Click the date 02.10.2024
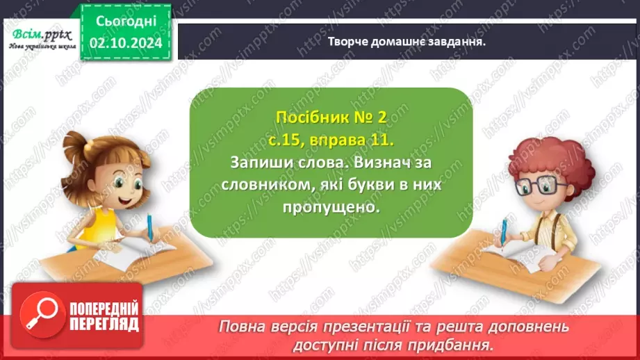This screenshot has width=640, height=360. point(125,42)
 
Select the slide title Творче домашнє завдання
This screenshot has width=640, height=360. point(406,40)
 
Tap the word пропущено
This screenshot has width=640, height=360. point(330,207)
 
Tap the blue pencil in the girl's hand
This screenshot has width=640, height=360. point(149,225)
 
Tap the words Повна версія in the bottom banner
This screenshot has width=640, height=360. point(259,327)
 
